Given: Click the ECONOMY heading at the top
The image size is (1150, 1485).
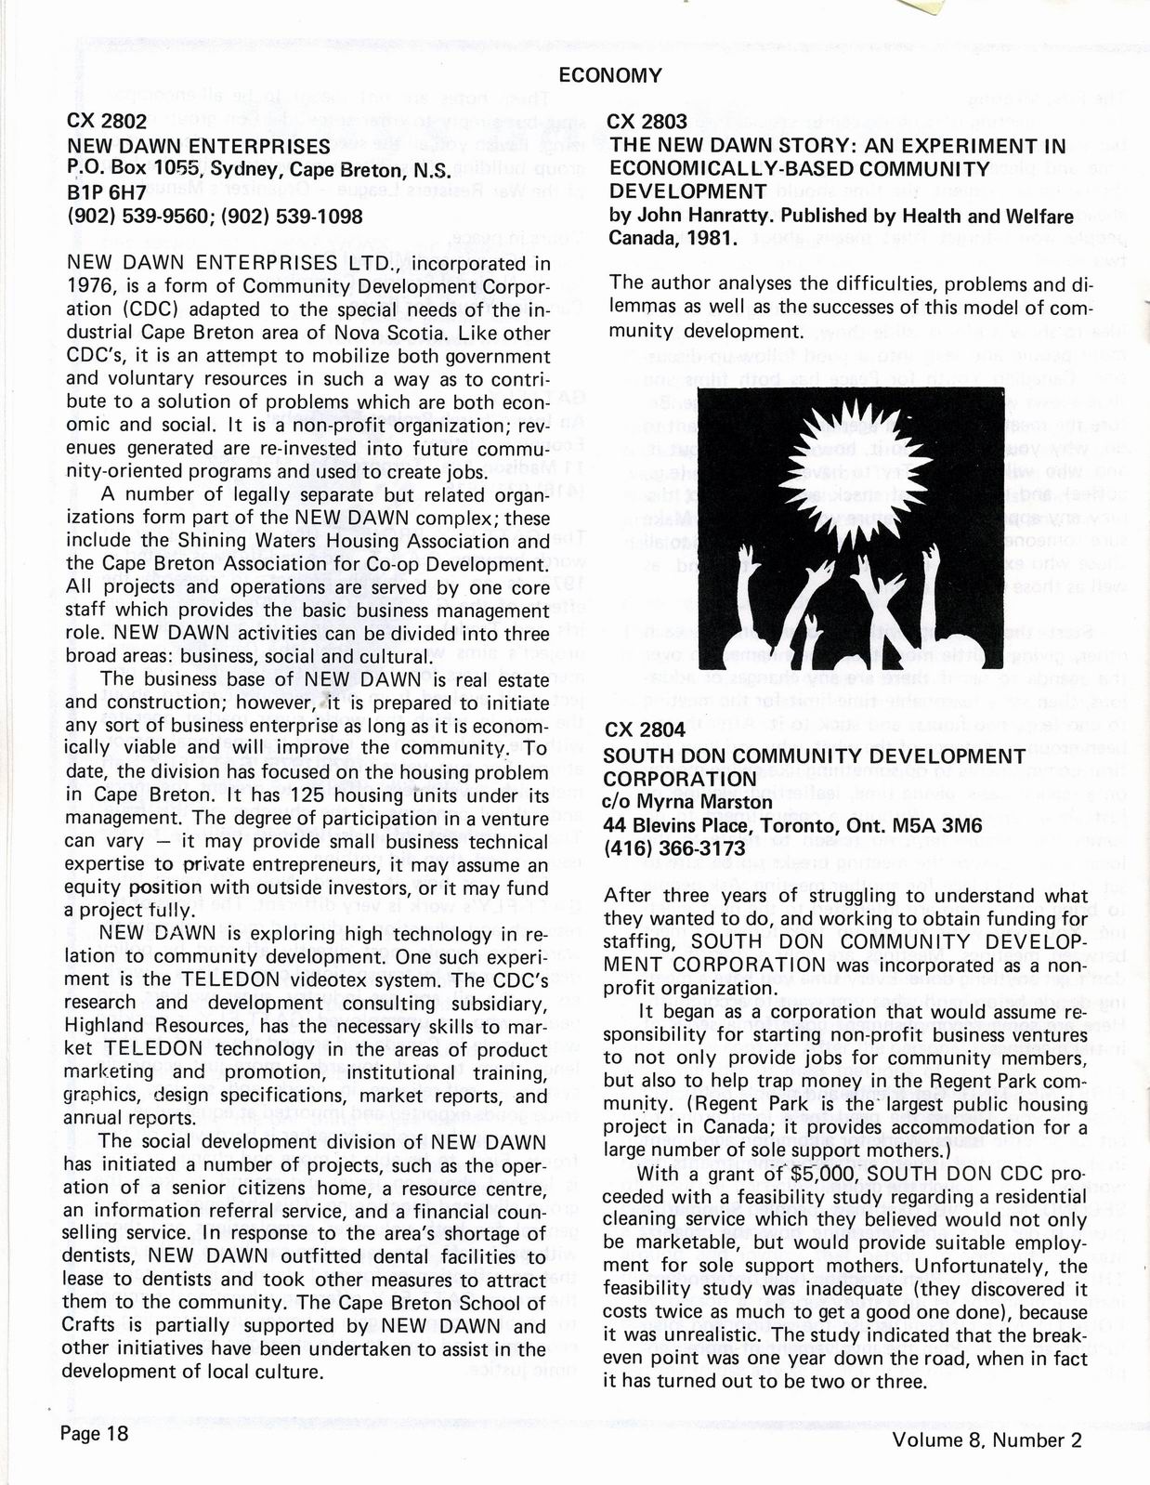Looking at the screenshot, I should coord(610,76).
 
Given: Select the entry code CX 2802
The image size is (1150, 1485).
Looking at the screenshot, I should coord(107,122).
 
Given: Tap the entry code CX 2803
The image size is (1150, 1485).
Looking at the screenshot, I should coord(647,122).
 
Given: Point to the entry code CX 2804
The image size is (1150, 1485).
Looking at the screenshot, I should coord(646,730).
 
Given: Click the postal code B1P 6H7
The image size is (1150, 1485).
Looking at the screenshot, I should coord(108,193).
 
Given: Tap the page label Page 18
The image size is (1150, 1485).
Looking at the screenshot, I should coord(94,1433).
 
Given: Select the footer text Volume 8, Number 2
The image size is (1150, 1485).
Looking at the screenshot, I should coord(987,1439).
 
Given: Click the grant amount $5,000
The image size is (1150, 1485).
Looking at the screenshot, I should coord(762,1174).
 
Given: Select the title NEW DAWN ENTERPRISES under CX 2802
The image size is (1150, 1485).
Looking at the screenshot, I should coord(199,146).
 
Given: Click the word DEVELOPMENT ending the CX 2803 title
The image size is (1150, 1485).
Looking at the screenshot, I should coord(686,191).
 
